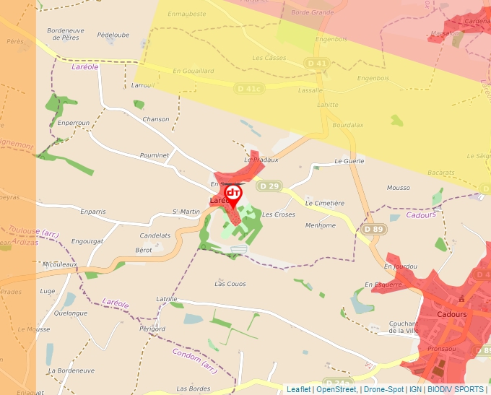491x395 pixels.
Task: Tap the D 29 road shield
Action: pyautogui.click(x=269, y=186)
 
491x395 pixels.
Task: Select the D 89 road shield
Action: pyautogui.click(x=373, y=230)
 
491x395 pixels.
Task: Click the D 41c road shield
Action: pyautogui.click(x=249, y=88)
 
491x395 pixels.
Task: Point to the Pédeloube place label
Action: pyautogui.click(x=113, y=35)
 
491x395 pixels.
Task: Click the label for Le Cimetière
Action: pyautogui.click(x=325, y=204)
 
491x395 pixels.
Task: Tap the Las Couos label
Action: pyautogui.click(x=230, y=284)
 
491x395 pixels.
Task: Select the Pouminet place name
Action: pyautogui.click(x=154, y=155)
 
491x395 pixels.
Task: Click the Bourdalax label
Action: pyautogui.click(x=347, y=125)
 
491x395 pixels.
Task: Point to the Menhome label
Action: pyautogui.click(x=321, y=225)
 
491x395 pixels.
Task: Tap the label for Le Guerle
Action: pyautogui.click(x=349, y=162)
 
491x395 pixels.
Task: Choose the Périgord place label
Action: pyautogui.click(x=152, y=329)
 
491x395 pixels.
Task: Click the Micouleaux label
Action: pyautogui.click(x=59, y=264)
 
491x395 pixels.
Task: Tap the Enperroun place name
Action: pyautogui.click(x=73, y=123)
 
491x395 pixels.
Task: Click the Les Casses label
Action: pyautogui.click(x=269, y=58)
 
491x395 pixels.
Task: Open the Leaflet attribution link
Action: pyautogui.click(x=298, y=389)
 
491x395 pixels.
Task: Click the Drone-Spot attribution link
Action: pyautogui.click(x=383, y=389)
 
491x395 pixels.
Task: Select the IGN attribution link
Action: pyautogui.click(x=415, y=389)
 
